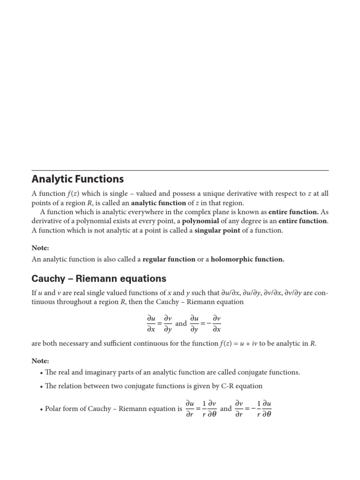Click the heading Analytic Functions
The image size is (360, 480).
coord(77,179)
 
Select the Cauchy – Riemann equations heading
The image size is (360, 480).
coord(98,279)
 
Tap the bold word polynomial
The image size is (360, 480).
coord(200,221)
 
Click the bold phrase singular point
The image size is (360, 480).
coord(217,230)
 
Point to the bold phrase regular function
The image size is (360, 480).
coord(169,259)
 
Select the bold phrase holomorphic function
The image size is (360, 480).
coord(247,259)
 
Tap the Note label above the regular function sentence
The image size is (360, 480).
coord(40,247)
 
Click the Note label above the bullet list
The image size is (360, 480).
coord(40,361)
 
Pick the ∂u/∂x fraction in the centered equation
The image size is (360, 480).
coord(150,323)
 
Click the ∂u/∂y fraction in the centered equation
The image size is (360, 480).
coord(194,323)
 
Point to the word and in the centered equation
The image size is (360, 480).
coord(181,323)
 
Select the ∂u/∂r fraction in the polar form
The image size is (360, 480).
coord(190,408)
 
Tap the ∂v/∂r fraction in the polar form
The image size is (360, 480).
coord(239,408)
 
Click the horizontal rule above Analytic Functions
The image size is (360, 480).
coord(180,170)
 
